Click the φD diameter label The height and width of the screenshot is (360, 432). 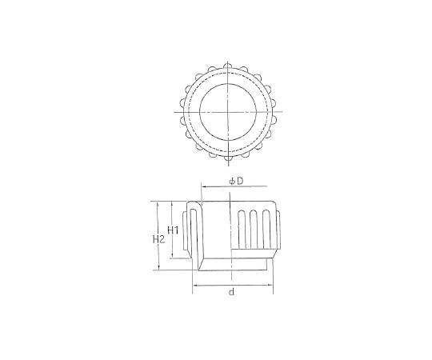pos(237,182)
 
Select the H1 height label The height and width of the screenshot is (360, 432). pos(174,230)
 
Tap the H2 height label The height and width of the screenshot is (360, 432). pos(158,239)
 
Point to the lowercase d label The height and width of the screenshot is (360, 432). pos(232,292)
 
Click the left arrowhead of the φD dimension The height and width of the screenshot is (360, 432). pos(205,186)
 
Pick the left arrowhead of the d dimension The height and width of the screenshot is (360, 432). pos(195,286)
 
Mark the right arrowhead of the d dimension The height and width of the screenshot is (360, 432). pos(270,286)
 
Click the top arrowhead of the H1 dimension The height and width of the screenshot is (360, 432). pos(172,204)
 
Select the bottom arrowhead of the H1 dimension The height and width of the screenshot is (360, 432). pos(172,255)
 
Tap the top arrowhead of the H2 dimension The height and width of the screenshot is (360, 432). pos(158,204)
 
